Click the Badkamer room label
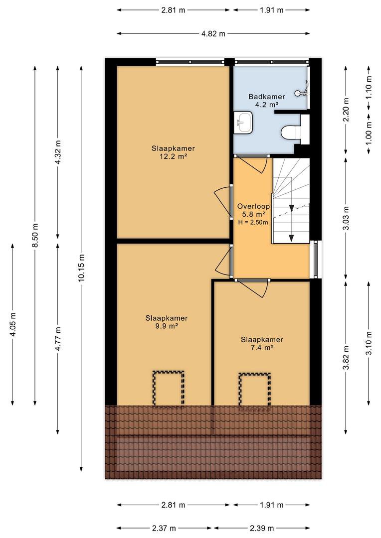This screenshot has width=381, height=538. [267, 97]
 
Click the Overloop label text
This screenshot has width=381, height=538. [253, 206]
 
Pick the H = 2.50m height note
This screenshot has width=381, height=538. [253, 222]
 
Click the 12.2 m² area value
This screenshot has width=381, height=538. [173, 156]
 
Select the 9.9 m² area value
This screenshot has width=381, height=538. [166, 326]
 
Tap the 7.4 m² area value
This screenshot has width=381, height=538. [262, 348]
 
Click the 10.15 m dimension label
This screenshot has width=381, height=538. [81, 268]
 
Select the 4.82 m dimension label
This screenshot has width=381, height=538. [213, 34]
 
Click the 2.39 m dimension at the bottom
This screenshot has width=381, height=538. [262, 528]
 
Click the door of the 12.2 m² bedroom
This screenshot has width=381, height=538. [222, 202]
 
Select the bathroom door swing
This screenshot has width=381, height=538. [254, 164]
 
